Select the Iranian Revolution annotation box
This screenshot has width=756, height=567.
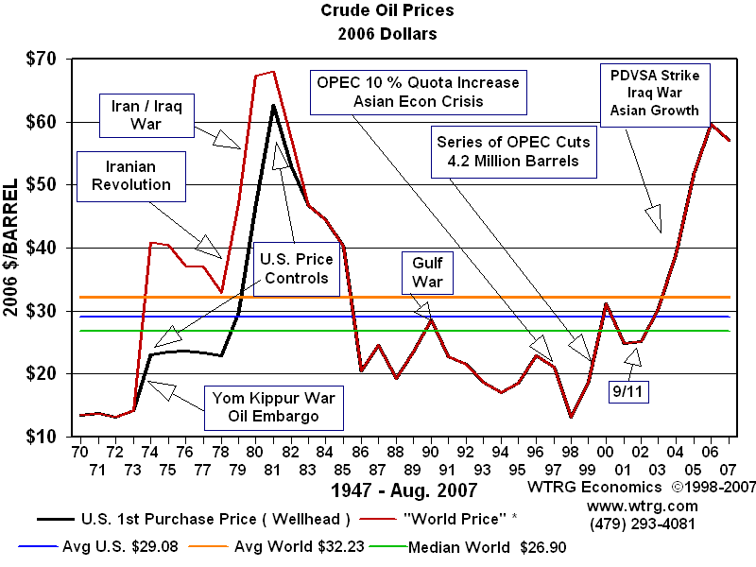coord(131,176)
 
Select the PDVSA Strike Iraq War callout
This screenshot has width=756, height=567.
coord(654,92)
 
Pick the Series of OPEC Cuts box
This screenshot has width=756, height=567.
coord(513,150)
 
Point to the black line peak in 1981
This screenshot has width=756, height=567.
coord(273,106)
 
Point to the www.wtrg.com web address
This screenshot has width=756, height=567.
coord(629,506)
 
